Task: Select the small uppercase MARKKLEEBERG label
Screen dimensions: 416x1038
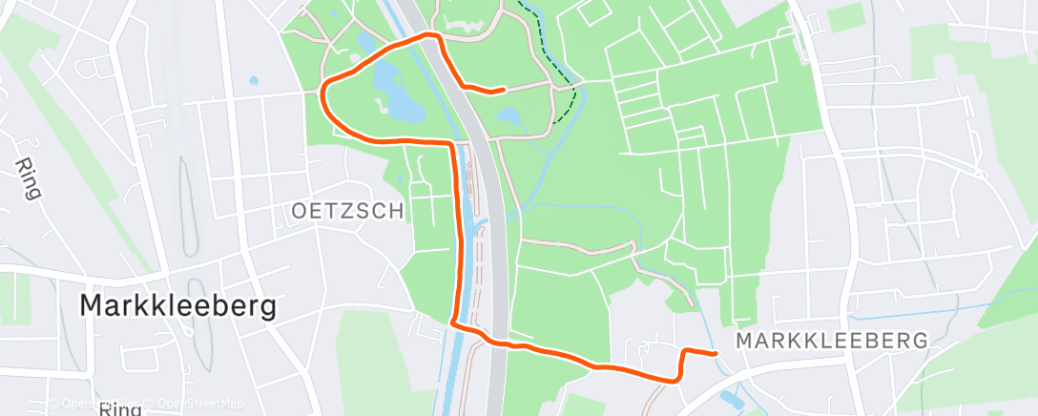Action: click(832, 341)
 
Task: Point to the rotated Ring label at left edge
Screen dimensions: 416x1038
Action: click(28, 178)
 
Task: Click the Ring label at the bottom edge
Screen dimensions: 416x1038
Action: click(120, 409)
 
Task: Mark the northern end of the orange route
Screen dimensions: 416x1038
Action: click(502, 91)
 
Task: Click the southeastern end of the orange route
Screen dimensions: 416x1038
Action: click(716, 354)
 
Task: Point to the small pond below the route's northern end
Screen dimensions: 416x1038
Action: click(509, 117)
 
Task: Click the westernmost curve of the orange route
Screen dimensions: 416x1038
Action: click(322, 94)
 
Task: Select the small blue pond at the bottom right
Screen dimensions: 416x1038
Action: click(731, 397)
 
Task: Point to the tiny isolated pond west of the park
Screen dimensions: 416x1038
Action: click(254, 81)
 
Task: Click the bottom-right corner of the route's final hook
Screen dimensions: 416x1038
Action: click(677, 379)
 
